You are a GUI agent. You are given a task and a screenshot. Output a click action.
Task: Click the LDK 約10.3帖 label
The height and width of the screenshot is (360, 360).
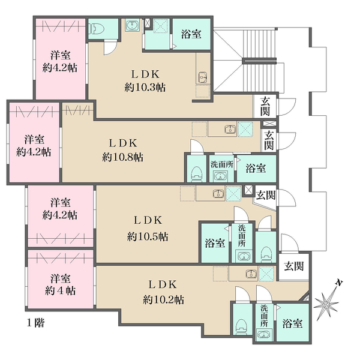145,81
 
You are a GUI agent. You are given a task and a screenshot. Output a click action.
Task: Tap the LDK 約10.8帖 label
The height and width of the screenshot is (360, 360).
123,151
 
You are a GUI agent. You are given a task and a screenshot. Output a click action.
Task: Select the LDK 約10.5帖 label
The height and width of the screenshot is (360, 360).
148,229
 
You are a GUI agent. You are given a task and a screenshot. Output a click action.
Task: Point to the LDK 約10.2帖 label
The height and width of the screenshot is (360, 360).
163,292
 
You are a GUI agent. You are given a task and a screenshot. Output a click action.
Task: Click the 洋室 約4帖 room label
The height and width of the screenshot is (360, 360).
61,284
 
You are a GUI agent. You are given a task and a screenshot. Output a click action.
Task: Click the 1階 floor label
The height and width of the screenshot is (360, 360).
35,323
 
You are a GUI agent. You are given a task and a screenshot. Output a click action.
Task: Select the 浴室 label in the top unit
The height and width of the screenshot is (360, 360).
191,34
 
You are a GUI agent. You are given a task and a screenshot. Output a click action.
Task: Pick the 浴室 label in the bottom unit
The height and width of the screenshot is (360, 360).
292,323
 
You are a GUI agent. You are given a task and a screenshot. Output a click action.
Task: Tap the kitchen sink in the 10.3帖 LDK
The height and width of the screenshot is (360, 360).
202,77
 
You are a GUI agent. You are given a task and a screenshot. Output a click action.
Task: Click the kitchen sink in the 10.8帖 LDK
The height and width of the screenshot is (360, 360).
230,129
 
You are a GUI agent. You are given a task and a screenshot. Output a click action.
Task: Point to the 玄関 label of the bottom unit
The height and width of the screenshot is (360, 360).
294,266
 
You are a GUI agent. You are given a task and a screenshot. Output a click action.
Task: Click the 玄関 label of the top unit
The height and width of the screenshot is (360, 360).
265,106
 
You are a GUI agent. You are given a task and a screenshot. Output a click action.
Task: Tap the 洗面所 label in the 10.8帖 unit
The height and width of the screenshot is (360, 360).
222,164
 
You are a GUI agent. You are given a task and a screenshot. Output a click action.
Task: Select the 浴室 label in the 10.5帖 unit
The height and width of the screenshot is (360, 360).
215,243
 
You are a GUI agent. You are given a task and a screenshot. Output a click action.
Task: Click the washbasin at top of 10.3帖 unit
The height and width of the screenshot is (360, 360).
131,25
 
